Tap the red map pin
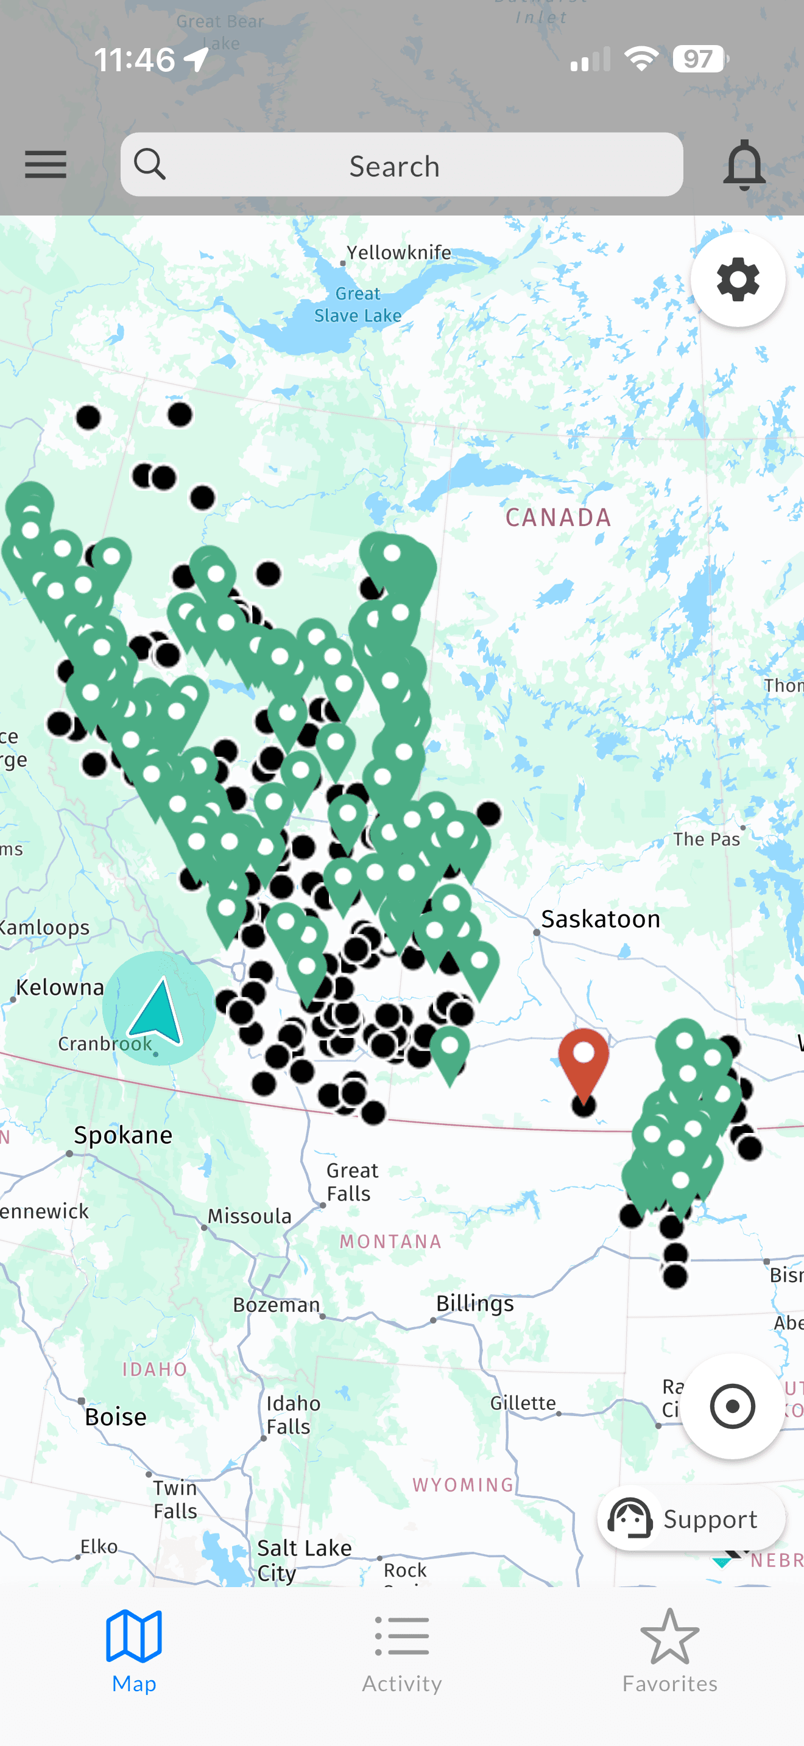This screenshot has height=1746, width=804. point(583,1061)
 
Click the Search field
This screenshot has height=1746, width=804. point(401,166)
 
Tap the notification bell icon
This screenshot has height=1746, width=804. point(744,165)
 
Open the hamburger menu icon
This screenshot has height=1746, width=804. point(46,165)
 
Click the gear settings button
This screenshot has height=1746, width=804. point(738,279)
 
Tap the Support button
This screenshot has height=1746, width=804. point(691,1519)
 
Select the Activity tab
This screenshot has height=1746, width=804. point(401,1652)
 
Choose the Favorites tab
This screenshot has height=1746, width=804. point(669,1652)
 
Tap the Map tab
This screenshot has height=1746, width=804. point(134,1652)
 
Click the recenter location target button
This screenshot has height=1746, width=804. point(732,1406)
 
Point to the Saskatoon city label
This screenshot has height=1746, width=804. point(600,919)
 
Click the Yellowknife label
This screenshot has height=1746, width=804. point(398,253)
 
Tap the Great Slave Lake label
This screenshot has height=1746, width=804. point(358,304)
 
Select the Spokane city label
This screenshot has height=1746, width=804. point(122,1135)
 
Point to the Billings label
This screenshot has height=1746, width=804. point(474,1303)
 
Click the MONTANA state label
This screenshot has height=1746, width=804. point(390,1241)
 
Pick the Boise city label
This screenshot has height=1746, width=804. point(115,1417)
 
